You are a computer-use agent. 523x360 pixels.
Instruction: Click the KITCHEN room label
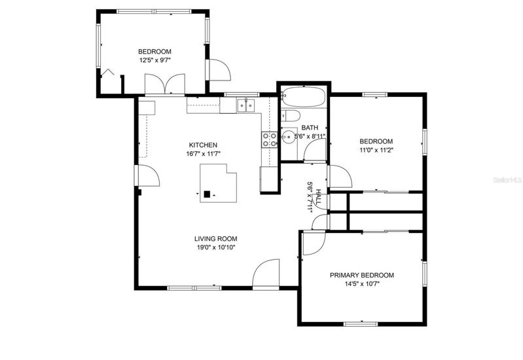pyautogui.click(x=203, y=145)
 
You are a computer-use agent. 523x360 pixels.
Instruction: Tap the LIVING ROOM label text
pyautogui.click(x=216, y=239)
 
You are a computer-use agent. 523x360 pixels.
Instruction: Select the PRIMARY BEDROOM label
pyautogui.click(x=362, y=276)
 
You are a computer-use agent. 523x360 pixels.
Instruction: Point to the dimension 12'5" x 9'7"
pyautogui.click(x=154, y=60)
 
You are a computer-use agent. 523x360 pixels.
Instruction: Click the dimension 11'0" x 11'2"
pyautogui.click(x=376, y=150)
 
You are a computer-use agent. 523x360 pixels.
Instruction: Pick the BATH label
pyautogui.click(x=310, y=128)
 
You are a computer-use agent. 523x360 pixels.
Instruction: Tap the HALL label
pyautogui.click(x=318, y=197)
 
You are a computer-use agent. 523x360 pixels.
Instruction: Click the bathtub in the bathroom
pyautogui.click(x=303, y=96)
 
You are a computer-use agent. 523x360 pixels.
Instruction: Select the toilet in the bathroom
pyautogui.click(x=291, y=115)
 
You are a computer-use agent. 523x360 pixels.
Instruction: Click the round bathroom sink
pyautogui.click(x=288, y=136)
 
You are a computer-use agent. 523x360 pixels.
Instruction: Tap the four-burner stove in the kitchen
pyautogui.click(x=269, y=140)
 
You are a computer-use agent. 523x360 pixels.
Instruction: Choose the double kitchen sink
pyautogui.click(x=246, y=106)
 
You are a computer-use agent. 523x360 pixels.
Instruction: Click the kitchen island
pyautogui.click(x=218, y=183)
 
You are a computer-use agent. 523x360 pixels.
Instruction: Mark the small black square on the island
pyautogui.click(x=207, y=194)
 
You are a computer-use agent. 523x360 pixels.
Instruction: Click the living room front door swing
pyautogui.click(x=266, y=272)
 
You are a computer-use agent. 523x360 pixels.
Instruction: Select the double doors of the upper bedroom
pyautogui.click(x=165, y=84)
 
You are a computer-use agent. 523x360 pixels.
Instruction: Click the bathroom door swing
pyautogui.click(x=315, y=149)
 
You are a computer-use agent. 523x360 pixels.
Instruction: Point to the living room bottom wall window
pyautogui.click(x=194, y=287)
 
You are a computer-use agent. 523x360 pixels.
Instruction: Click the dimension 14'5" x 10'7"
pyautogui.click(x=362, y=284)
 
